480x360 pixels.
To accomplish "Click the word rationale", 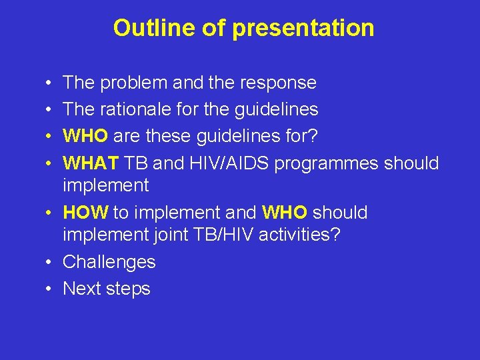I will [x=140, y=109].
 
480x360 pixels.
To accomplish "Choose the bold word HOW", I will [x=85, y=213].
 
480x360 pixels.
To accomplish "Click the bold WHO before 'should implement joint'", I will [x=285, y=213].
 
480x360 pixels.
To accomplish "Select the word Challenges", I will [x=109, y=263].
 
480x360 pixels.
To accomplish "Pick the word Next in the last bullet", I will [x=83, y=289].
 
